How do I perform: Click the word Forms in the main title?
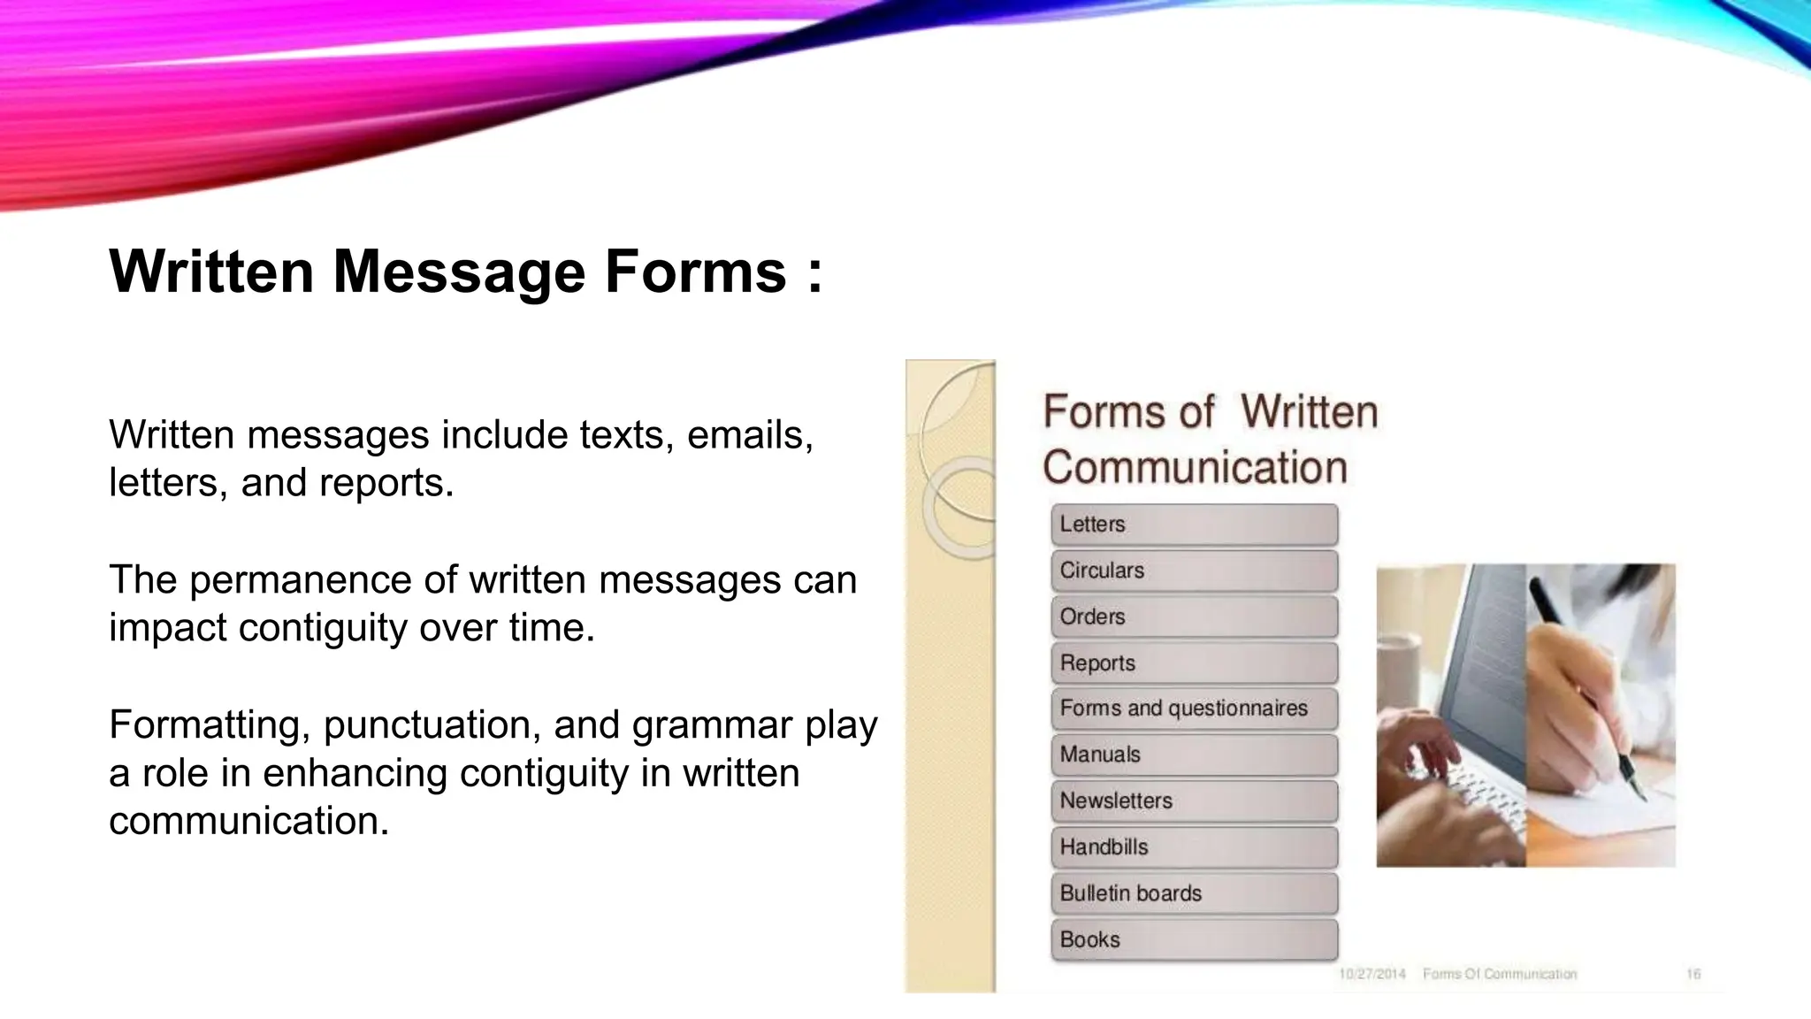tap(695, 271)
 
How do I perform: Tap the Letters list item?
tap(1194, 525)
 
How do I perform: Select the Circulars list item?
tap(1194, 571)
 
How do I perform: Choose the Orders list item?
tap(1194, 617)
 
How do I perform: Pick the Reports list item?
tap(1194, 663)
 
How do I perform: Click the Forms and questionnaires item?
tap(1194, 709)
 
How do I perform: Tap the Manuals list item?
tap(1194, 755)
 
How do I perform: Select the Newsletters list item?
tap(1194, 801)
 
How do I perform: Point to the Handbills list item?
tap(1194, 847)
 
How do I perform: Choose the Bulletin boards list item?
tap(1194, 893)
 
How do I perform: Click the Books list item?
tap(1194, 939)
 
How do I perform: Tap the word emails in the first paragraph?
tap(749, 435)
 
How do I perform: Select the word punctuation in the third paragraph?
tap(432, 725)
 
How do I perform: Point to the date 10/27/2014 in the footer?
tap(1372, 974)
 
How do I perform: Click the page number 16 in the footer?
tap(1693, 974)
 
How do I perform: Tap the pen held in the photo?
tap(1583, 681)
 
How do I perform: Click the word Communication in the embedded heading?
tap(1195, 467)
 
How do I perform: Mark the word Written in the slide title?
tap(211, 271)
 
